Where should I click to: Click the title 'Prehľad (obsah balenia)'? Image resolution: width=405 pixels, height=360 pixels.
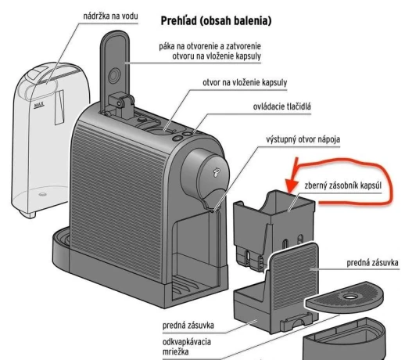[x=216, y=21]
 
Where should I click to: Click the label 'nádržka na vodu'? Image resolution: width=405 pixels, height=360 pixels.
[x=110, y=16]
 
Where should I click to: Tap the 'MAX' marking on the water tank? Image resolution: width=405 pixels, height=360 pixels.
[x=39, y=105]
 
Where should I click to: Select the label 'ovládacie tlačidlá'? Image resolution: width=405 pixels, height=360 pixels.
[x=282, y=106]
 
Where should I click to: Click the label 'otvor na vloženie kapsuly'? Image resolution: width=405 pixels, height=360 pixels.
[x=245, y=82]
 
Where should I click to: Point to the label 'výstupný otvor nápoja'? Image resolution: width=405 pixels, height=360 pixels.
[x=303, y=139]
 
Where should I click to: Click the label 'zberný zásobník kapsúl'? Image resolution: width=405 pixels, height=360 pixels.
[x=342, y=185]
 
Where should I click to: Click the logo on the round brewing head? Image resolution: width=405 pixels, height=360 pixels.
[x=216, y=172]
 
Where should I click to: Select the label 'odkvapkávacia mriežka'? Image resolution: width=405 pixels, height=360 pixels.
[x=187, y=347]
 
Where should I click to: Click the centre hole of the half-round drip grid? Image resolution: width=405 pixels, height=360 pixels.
[x=349, y=297]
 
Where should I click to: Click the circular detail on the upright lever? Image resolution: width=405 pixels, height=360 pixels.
[x=114, y=76]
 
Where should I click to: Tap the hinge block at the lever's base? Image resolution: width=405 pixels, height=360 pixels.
[x=121, y=103]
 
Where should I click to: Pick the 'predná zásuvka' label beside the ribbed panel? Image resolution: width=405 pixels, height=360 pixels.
[x=372, y=263]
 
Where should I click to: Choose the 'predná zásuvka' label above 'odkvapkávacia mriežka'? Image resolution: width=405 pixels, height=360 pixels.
[x=188, y=326]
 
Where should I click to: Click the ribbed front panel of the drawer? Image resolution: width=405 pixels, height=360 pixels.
[x=294, y=277]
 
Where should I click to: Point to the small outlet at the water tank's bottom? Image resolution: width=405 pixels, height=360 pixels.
[x=42, y=194]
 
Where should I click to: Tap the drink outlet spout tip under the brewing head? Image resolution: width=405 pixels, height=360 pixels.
[x=213, y=210]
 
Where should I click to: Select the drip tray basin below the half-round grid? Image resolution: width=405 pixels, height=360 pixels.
[x=343, y=339]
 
